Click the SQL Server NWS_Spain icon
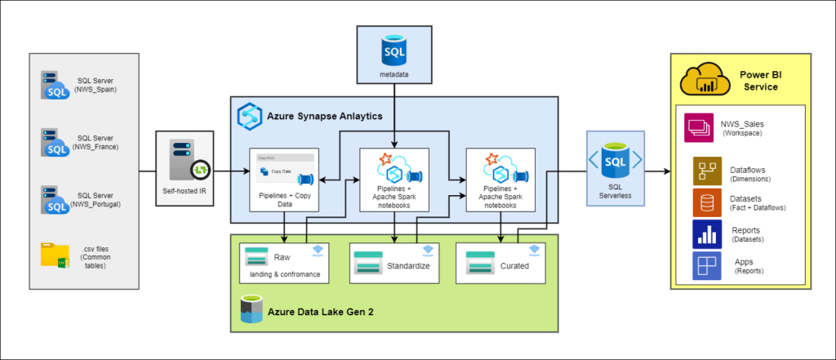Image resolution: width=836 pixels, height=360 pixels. (x=54, y=86)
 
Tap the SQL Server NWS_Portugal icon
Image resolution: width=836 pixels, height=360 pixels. (x=54, y=198)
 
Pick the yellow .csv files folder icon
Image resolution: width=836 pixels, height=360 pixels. (x=56, y=255)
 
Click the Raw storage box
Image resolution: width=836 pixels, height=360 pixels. (x=284, y=262)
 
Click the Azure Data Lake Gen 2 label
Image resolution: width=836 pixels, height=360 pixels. (x=318, y=311)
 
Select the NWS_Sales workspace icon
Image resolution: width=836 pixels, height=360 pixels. (x=700, y=128)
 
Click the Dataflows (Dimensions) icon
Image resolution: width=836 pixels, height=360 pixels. (x=707, y=171)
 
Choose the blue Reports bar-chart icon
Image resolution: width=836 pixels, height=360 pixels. (x=707, y=234)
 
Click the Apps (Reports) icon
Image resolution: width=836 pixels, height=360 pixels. (x=707, y=266)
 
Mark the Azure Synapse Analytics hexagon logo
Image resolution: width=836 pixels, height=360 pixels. (x=248, y=116)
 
